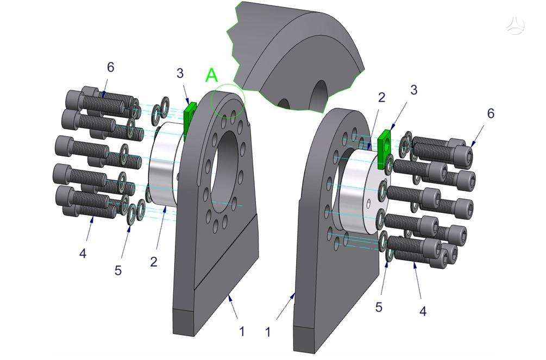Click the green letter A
212,75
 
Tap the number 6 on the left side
110,67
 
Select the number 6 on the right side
491,113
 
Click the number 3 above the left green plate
180,73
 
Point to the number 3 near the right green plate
413,90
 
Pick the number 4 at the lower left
83,254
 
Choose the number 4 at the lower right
423,311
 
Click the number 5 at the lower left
118,270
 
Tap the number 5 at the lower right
379,307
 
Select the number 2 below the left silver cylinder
154,262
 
